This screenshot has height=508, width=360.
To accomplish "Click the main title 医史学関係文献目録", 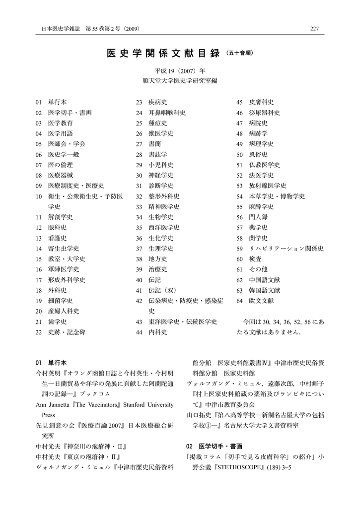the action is [x=163, y=53].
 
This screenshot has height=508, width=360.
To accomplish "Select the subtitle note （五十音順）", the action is [x=242, y=53].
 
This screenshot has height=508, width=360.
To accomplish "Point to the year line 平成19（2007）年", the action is [x=180, y=71].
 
